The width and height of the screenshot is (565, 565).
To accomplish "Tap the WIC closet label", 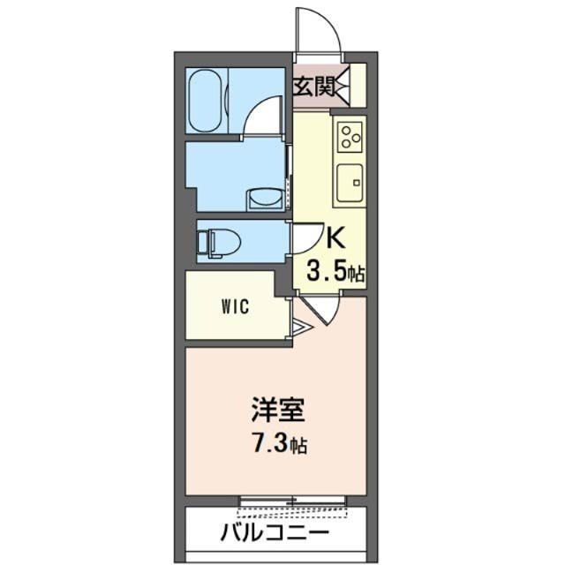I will tap(235, 308).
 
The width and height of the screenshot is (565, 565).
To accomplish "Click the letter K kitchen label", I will tap(335, 238).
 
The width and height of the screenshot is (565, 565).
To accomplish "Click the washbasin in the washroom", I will tap(262, 200).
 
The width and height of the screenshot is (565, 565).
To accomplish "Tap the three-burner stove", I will tap(350, 136).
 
